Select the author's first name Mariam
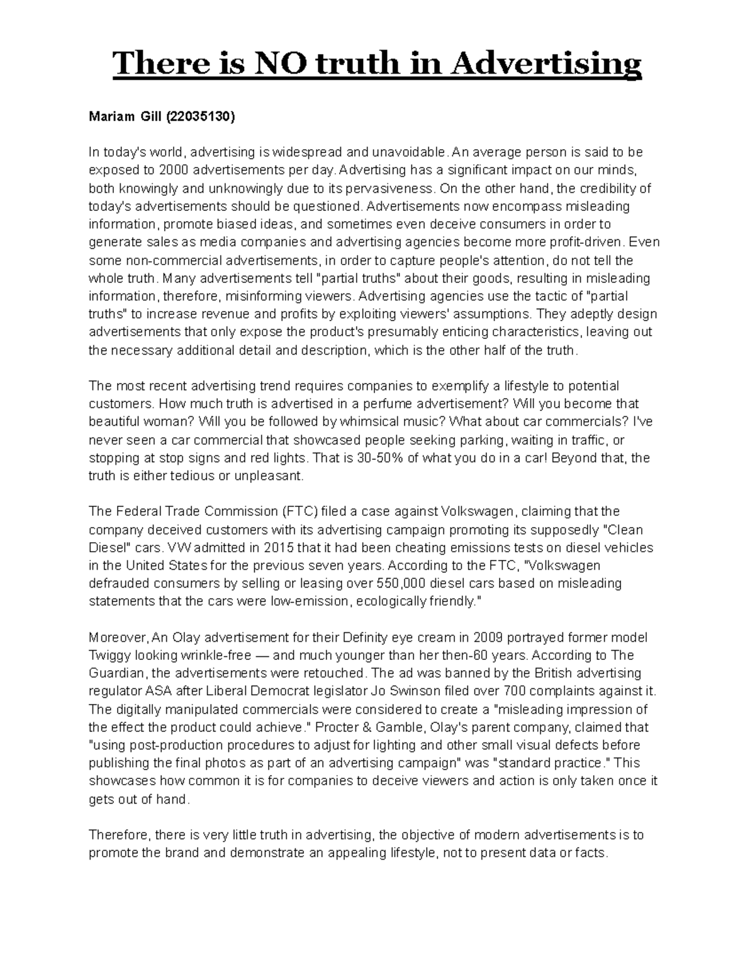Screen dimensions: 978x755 [108, 117]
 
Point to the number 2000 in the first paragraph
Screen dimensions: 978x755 [174, 170]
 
